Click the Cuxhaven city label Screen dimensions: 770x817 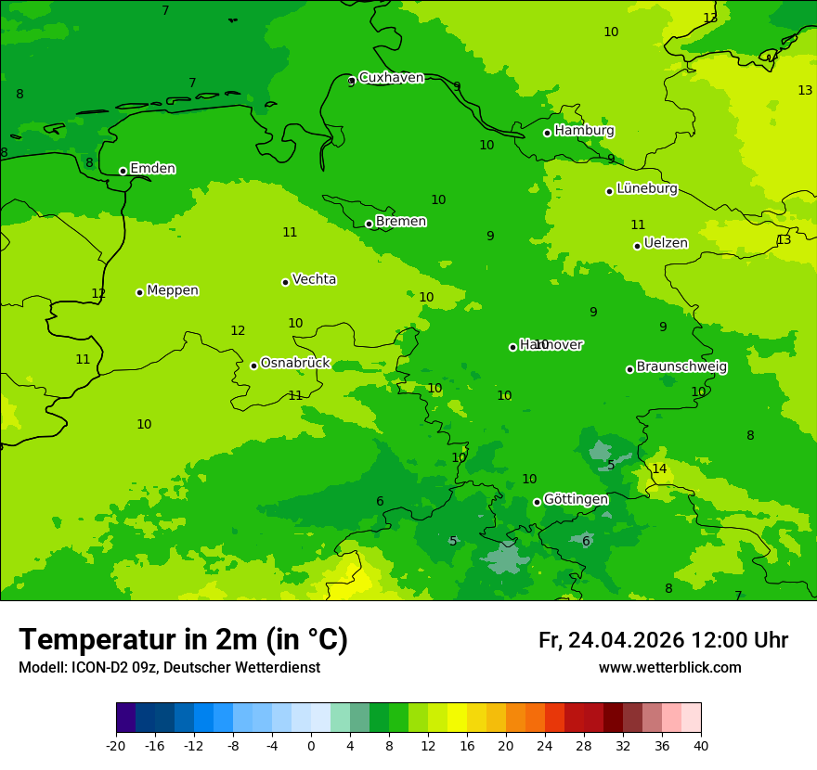click(391, 78)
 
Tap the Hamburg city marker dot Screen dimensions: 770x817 click(547, 133)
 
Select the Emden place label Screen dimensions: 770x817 click(152, 169)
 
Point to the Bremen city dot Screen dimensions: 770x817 click(369, 224)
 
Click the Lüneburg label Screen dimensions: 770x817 click(646, 189)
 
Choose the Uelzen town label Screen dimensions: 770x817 click(666, 244)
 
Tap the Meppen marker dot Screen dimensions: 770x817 click(139, 292)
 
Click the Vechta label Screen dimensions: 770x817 click(314, 279)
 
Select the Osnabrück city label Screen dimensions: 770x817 click(295, 364)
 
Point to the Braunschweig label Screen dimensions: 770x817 click(681, 367)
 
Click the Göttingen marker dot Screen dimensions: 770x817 click(537, 502)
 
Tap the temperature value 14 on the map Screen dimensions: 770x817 click(659, 469)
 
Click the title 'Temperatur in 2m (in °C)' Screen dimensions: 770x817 click(184, 640)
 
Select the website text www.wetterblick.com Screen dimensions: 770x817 click(669, 668)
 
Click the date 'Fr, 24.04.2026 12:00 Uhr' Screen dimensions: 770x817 click(663, 640)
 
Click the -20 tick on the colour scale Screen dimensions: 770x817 click(116, 746)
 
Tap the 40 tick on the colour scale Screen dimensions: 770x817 click(701, 746)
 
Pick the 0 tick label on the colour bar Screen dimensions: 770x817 click(311, 746)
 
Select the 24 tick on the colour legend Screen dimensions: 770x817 click(545, 746)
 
